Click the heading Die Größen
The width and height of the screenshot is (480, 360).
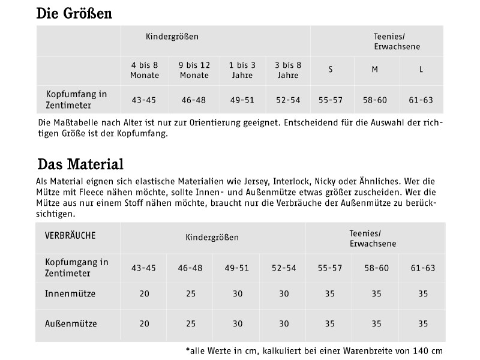click(x=74, y=13)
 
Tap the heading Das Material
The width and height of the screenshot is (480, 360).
click(x=80, y=164)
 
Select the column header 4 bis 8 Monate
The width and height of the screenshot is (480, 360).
click(x=145, y=70)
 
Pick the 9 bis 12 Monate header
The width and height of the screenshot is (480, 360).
click(x=194, y=70)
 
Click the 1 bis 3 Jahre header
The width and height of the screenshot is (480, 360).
click(x=243, y=70)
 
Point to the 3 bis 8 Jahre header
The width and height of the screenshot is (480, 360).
click(x=287, y=70)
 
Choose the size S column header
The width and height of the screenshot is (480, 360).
click(x=331, y=70)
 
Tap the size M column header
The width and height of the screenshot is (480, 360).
click(x=374, y=70)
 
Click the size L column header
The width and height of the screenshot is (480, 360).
click(x=421, y=70)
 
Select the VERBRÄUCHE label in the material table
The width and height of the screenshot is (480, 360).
click(x=70, y=235)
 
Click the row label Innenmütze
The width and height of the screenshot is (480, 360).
click(x=70, y=294)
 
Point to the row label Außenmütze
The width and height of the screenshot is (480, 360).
click(x=71, y=323)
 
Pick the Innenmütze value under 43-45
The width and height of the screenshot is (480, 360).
click(x=144, y=294)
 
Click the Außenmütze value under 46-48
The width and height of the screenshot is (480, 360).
click(x=191, y=323)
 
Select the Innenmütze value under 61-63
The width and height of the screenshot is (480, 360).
click(x=423, y=294)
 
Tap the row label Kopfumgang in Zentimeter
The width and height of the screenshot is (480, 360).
click(x=77, y=268)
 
